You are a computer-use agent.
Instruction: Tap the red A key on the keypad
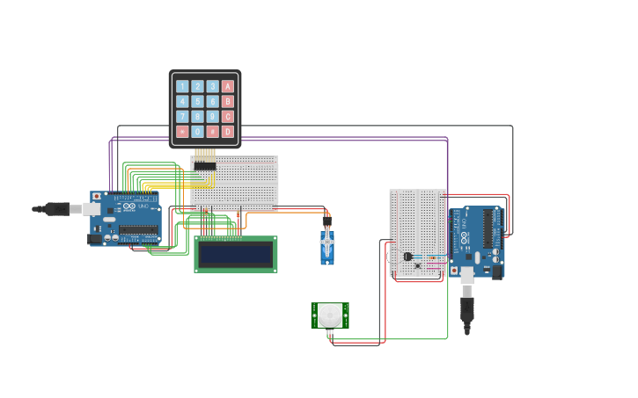(228, 86)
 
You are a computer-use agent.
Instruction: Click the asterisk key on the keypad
(182, 132)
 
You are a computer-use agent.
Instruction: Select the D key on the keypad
(228, 132)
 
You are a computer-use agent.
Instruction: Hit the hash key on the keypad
(213, 132)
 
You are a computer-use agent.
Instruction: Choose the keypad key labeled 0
(197, 132)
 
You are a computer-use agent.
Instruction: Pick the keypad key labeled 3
(213, 86)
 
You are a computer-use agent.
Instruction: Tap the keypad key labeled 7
(182, 117)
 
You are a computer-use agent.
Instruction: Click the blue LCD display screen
(236, 255)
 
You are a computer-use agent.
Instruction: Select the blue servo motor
(327, 247)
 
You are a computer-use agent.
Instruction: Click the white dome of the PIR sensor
(330, 315)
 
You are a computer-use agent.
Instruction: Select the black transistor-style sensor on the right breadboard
(407, 257)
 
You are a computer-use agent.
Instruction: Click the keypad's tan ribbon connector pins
(205, 154)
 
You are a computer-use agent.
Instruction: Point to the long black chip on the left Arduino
(139, 230)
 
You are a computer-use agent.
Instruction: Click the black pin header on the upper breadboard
(205, 166)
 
